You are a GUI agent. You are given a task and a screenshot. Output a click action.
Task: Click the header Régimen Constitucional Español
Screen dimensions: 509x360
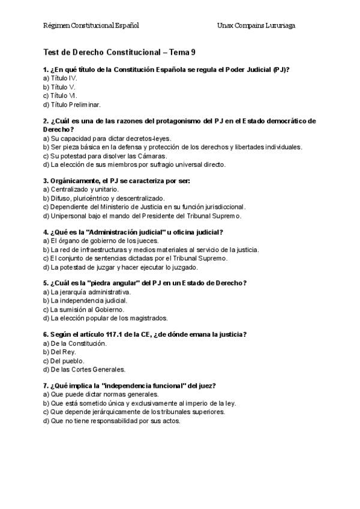click(x=92, y=26)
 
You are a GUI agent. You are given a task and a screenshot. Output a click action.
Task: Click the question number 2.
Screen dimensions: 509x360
click(x=46, y=121)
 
